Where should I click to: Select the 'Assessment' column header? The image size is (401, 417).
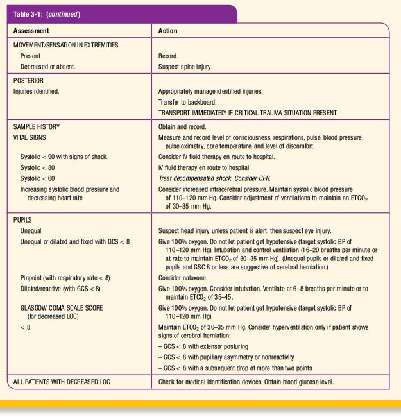[31, 31]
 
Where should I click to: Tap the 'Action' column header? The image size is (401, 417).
[168, 31]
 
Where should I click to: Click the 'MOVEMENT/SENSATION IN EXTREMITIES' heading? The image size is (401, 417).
[65, 45]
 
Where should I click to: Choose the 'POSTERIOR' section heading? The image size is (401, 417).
[28, 81]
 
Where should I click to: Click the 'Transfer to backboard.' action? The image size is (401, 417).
[188, 102]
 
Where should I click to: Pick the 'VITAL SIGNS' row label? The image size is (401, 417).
[30, 137]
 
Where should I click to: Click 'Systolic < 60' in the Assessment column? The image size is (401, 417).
[38, 178]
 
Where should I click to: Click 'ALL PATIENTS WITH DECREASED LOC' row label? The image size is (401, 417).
[62, 382]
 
